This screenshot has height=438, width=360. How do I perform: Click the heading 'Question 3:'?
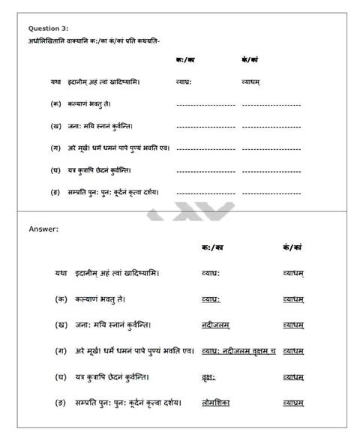click(48, 28)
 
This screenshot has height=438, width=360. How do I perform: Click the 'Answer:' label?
click(43, 229)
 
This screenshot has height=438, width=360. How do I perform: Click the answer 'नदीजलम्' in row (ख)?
click(216, 325)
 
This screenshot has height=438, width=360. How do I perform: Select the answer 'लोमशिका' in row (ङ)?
click(216, 403)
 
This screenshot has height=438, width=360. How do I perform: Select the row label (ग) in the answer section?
click(61, 351)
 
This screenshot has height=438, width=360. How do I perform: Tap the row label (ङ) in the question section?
click(55, 192)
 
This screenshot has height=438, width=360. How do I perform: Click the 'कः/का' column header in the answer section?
click(212, 247)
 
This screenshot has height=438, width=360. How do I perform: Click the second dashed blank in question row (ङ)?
click(271, 193)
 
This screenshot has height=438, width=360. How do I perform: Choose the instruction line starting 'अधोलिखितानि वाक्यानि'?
click(94, 40)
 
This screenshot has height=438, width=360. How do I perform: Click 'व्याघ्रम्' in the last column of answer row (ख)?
click(293, 325)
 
